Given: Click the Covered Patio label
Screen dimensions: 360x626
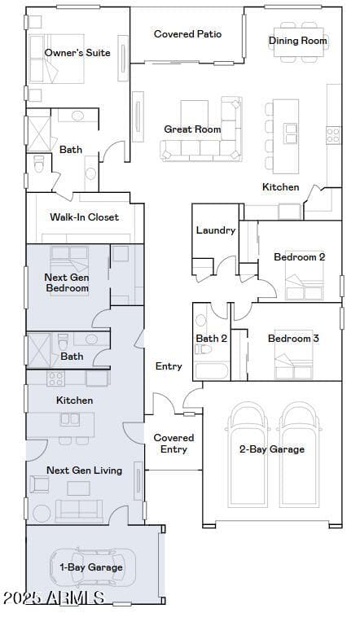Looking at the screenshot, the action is [187, 34].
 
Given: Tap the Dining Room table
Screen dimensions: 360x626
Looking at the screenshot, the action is [298, 42].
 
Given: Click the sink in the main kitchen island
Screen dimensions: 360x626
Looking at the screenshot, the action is [291, 134].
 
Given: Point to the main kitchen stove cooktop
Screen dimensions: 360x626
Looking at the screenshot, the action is [333, 135].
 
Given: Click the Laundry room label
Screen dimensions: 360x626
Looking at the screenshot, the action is [216, 230].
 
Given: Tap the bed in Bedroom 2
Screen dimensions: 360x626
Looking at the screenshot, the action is [304, 281].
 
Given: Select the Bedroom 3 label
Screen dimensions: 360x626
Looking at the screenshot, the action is [293, 339].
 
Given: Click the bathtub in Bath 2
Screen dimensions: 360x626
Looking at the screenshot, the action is [212, 371].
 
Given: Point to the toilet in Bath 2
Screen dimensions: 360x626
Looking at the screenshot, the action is [203, 349].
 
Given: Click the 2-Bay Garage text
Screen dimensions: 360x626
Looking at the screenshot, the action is [272, 449].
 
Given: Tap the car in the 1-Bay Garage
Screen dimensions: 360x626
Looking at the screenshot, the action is [93, 567].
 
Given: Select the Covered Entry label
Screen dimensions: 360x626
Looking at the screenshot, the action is [173, 444].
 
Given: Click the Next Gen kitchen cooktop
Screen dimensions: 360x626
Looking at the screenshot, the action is [55, 379].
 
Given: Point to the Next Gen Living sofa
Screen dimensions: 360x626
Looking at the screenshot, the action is [79, 510].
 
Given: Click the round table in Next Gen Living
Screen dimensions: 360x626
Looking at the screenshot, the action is [42, 514].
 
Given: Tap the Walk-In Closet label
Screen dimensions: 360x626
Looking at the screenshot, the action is [85, 217].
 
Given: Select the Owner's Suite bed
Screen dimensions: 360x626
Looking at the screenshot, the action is [57, 59].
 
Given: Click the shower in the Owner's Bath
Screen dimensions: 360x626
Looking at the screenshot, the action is [39, 134].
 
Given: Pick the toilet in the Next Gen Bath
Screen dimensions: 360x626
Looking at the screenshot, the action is [64, 342].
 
